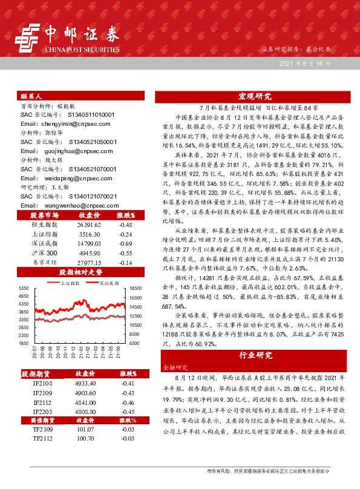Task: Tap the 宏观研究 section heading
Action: [254, 96]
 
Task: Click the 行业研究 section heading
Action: [254, 355]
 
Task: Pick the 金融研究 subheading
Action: [172, 367]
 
